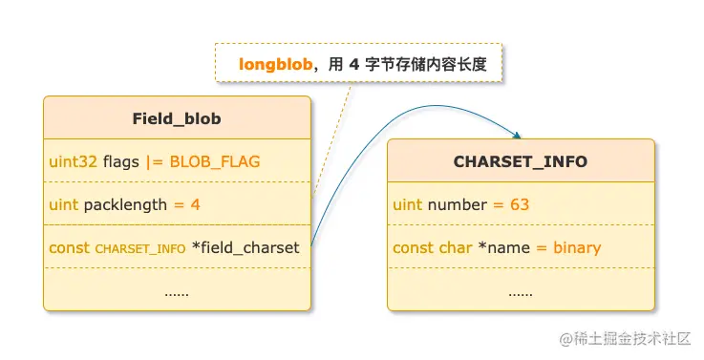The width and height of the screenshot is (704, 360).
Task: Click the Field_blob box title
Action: (x=177, y=118)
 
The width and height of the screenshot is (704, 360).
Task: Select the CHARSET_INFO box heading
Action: (x=521, y=161)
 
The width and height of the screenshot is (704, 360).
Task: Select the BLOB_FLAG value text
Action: (x=215, y=161)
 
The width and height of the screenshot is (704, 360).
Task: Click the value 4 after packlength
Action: (x=195, y=204)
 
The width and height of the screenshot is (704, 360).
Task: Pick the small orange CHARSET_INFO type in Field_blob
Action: (x=140, y=248)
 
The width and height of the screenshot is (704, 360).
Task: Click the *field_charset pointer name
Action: (x=245, y=247)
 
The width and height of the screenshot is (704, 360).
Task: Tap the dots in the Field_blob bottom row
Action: (x=177, y=291)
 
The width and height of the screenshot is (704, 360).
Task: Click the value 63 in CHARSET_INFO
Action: (x=520, y=204)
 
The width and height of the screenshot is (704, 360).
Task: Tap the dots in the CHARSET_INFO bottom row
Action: (x=521, y=291)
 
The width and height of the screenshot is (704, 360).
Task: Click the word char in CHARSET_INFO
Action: (x=455, y=247)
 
